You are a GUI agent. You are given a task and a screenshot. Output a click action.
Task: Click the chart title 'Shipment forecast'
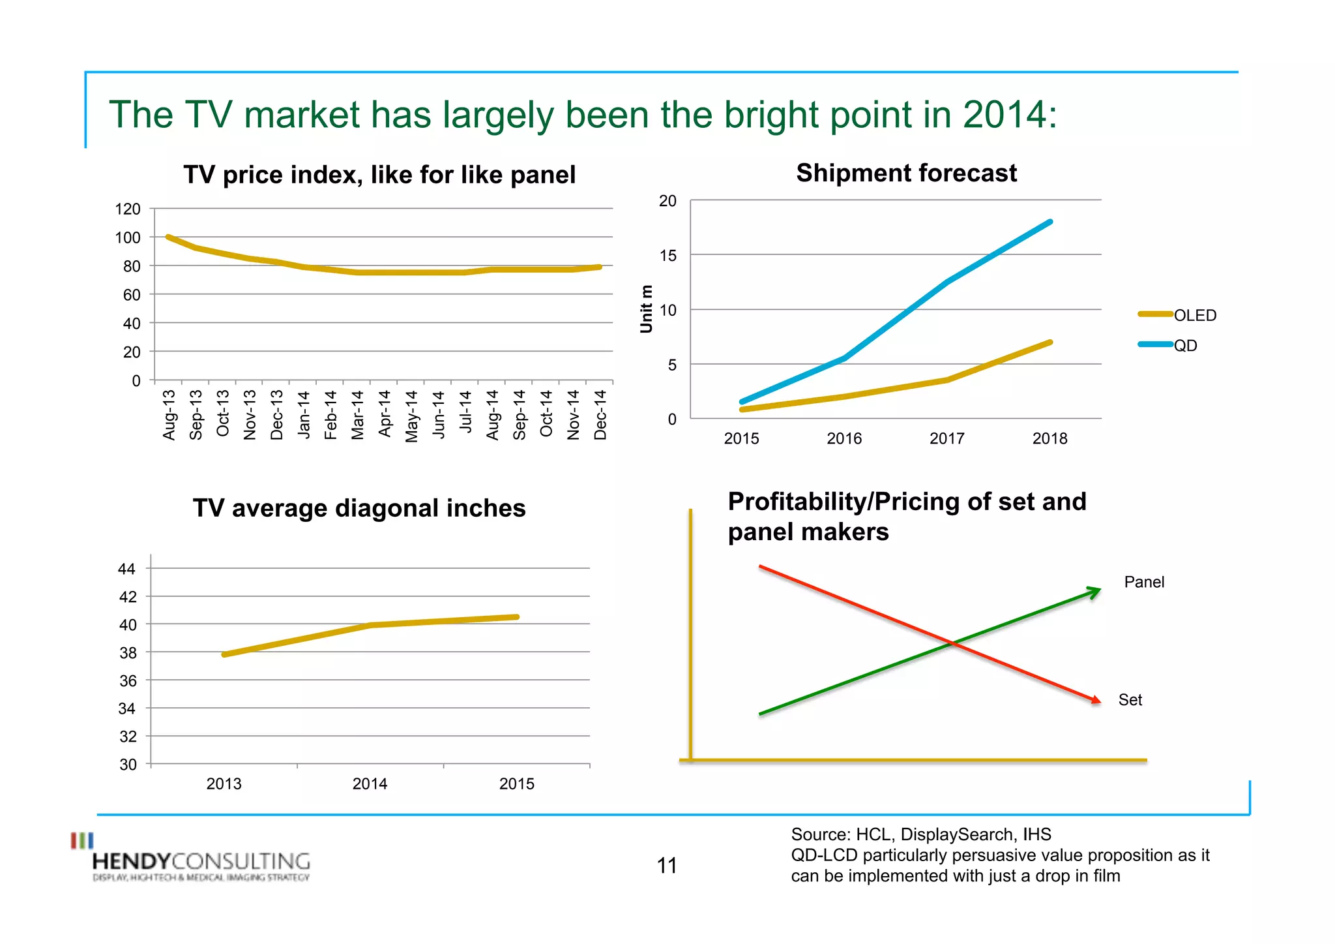[906, 174]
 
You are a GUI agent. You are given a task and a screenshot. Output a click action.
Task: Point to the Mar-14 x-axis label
[357, 415]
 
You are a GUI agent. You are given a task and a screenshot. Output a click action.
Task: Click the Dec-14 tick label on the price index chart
[600, 415]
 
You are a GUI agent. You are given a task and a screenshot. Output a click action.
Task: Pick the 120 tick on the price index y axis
[128, 209]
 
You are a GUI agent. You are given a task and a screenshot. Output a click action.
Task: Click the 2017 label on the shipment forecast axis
[946, 438]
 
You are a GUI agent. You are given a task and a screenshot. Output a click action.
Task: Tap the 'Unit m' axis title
[646, 309]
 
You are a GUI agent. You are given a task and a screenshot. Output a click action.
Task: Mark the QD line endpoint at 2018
[1049, 222]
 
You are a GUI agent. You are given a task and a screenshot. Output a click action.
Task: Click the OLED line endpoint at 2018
[1049, 343]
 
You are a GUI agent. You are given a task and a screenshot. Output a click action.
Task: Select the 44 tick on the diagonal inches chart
[126, 569]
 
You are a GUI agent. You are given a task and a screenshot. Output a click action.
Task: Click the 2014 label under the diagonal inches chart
[370, 784]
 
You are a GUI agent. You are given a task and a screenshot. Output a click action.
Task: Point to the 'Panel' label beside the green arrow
[1143, 582]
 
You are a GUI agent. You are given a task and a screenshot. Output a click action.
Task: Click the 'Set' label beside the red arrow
[1130, 700]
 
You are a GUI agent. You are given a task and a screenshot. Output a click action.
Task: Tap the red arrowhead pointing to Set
[1096, 699]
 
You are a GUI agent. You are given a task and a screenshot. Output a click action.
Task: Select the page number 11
[667, 866]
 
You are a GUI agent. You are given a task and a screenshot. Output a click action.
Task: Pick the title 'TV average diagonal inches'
[359, 508]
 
